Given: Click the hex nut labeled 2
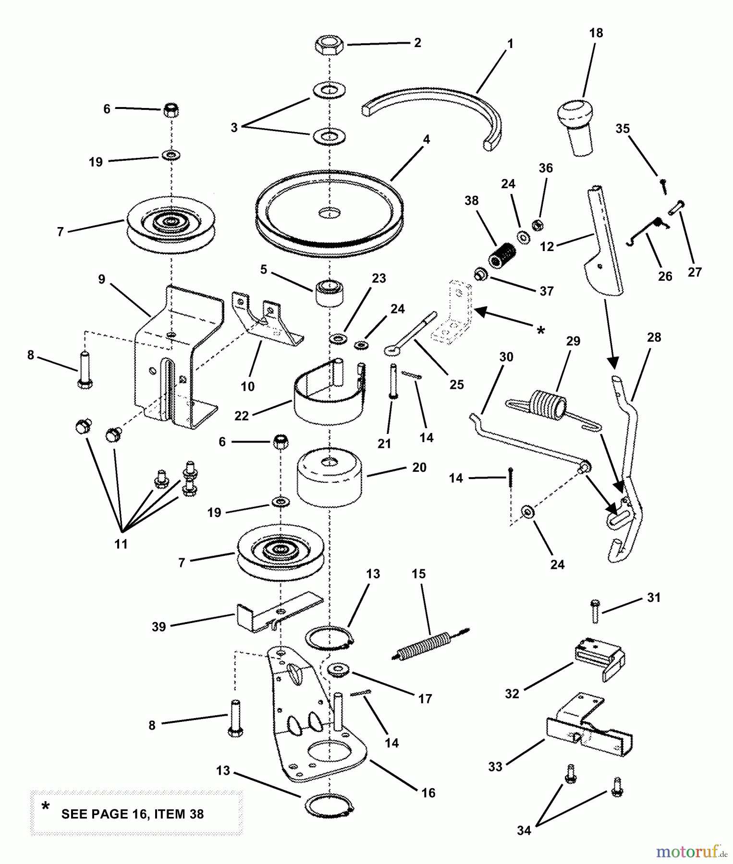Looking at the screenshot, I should pos(329,46).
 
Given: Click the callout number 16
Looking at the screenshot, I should pos(428,792).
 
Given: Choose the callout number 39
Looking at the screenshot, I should pos(159,627).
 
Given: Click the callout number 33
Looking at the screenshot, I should pos(495,767).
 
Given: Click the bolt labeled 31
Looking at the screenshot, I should pos(595,611).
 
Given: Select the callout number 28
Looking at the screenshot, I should pos(654,337).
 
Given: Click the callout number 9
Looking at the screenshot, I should pos(101,279).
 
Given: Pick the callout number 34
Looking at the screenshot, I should pos(524,830).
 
